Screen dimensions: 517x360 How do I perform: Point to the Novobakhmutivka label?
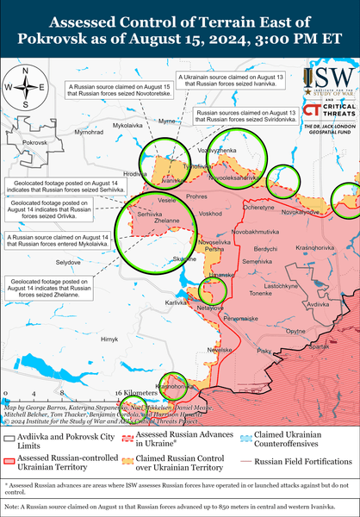click(257, 232)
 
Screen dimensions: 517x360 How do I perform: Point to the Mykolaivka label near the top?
click(104, 126)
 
